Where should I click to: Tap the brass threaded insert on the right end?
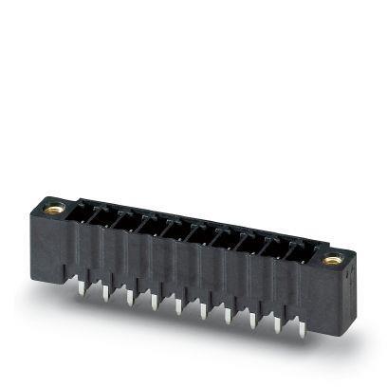pos(331,259)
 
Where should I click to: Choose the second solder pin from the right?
pos(277,322)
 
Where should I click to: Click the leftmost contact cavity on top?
pos(90,212)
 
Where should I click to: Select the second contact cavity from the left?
pos(113,216)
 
